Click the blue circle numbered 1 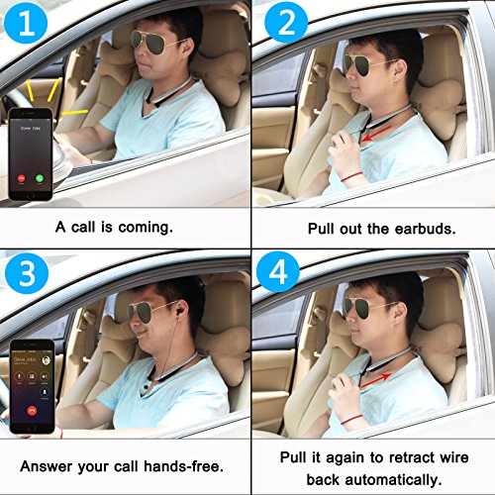tap(26, 23)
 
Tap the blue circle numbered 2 tap(286, 23)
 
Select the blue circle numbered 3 tap(27, 273)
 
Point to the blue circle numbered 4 tap(278, 272)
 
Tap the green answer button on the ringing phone tap(40, 178)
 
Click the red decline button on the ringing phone tap(22, 178)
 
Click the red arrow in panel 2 tap(376, 134)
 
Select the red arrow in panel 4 tap(376, 380)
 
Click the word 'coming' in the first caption tap(146, 228)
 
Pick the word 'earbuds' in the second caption tap(425, 229)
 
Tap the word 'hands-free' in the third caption tap(184, 466)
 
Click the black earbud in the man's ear tap(179, 312)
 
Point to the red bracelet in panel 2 tap(351, 176)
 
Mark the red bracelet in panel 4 tap(351, 419)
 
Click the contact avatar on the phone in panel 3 tap(47, 360)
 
